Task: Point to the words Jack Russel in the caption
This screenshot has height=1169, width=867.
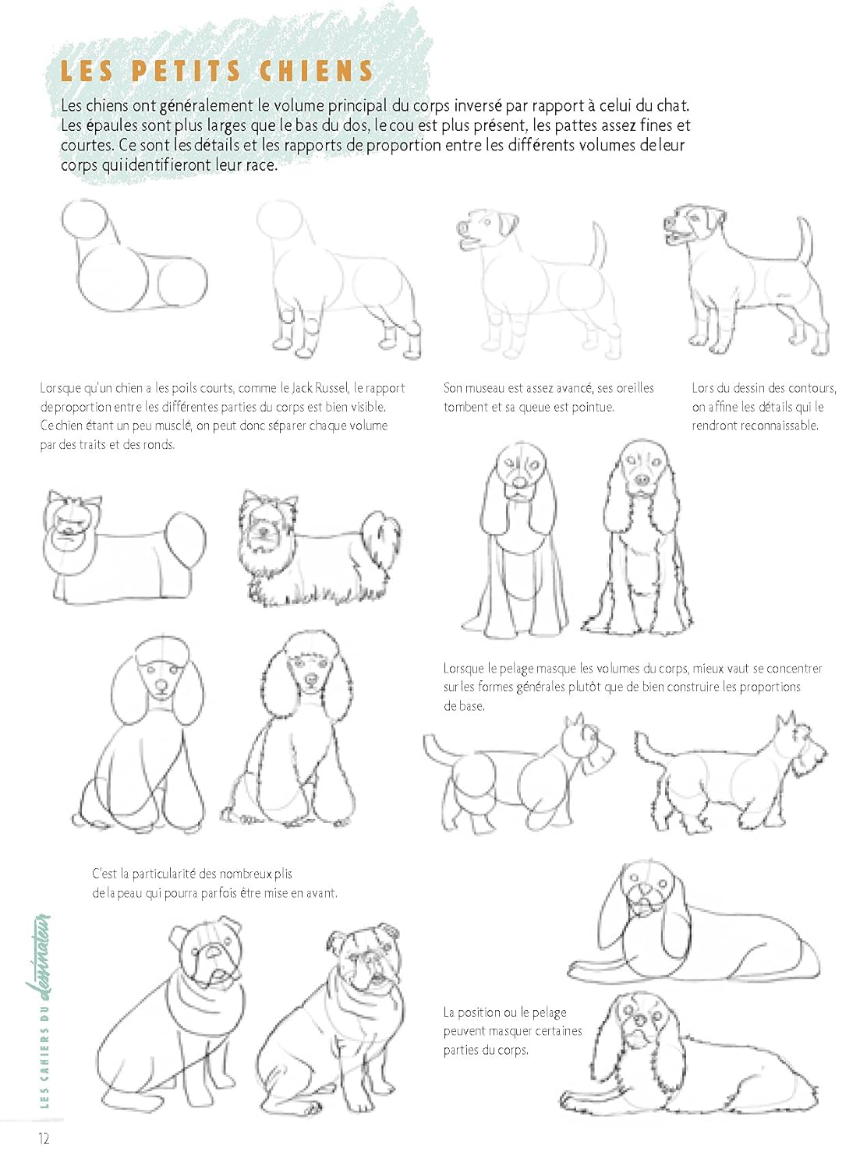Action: [320, 388]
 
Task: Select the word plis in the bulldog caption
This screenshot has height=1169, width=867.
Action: [283, 874]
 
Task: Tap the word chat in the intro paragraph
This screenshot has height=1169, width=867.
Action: [671, 105]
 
